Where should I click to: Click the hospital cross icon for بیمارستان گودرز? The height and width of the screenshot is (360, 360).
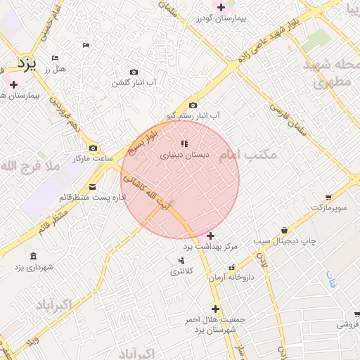pos(221,7)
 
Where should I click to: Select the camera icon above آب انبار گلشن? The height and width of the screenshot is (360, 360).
pos(134,72)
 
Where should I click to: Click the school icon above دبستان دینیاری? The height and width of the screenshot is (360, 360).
pos(184,143)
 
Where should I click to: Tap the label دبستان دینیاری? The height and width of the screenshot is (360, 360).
pos(181,155)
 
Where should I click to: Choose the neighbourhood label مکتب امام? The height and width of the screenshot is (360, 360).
pos(253,153)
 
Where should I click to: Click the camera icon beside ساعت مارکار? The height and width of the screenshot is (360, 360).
pos(94,148)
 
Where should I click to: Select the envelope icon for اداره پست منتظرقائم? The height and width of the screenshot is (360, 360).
pos(94,187)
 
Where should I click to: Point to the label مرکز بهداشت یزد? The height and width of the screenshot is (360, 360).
pos(211,247)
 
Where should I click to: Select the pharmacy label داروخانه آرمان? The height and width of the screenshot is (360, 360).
pos(234,278)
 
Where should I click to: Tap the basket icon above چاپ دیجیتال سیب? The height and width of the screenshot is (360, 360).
pos(284,230)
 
